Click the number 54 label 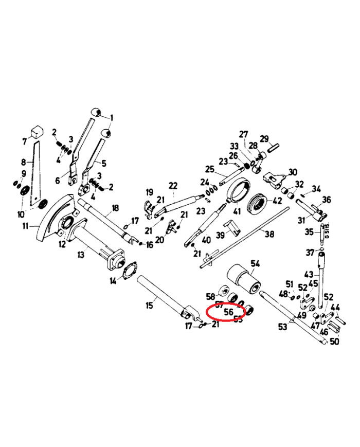(x=256, y=264)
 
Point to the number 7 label (x=24, y=141)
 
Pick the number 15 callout (x=150, y=306)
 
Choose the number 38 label (x=269, y=234)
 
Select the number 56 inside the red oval (x=228, y=312)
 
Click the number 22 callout (x=173, y=186)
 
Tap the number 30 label (x=293, y=172)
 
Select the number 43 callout (x=309, y=275)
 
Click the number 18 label (x=115, y=208)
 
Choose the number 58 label (x=210, y=296)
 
